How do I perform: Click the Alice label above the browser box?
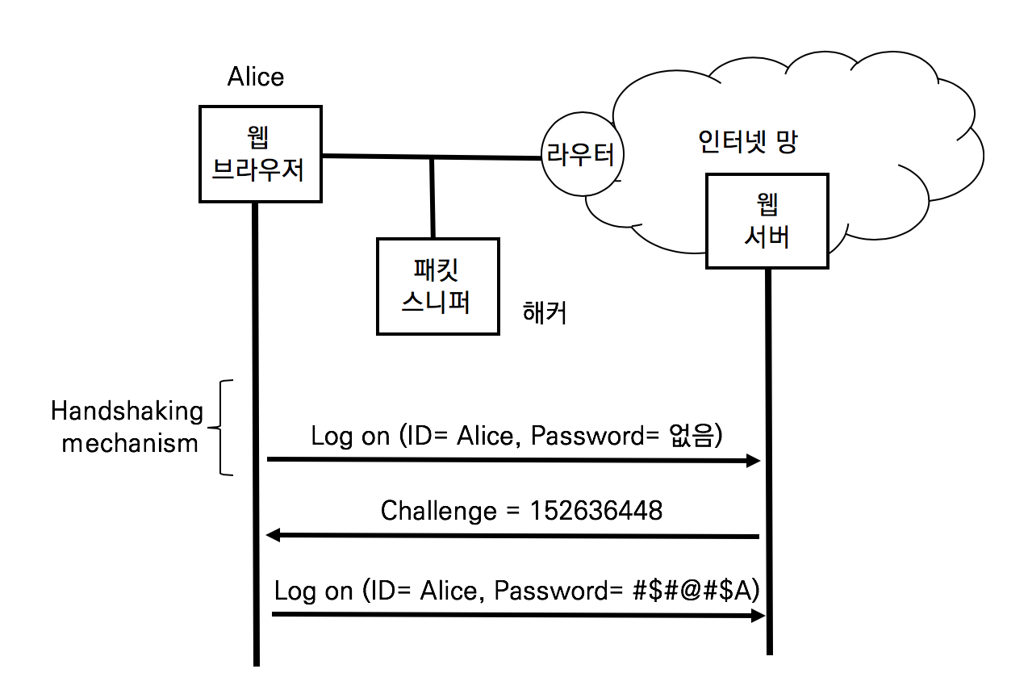pyautogui.click(x=256, y=77)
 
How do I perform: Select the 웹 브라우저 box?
pyautogui.click(x=260, y=153)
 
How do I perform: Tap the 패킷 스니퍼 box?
pyautogui.click(x=437, y=286)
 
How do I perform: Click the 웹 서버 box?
pyautogui.click(x=767, y=220)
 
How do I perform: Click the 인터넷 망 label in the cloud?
pyautogui.click(x=748, y=144)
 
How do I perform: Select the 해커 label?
pyautogui.click(x=545, y=312)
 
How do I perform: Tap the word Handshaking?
pyautogui.click(x=127, y=412)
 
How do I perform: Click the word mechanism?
pyautogui.click(x=130, y=443)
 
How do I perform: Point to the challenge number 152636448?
pyautogui.click(x=596, y=511)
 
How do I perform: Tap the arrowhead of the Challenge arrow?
pyautogui.click(x=273, y=535)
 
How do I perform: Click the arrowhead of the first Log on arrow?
pyautogui.click(x=754, y=461)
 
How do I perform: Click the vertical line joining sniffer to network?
pyautogui.click(x=433, y=198)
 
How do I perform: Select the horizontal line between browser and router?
pyautogui.click(x=428, y=157)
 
